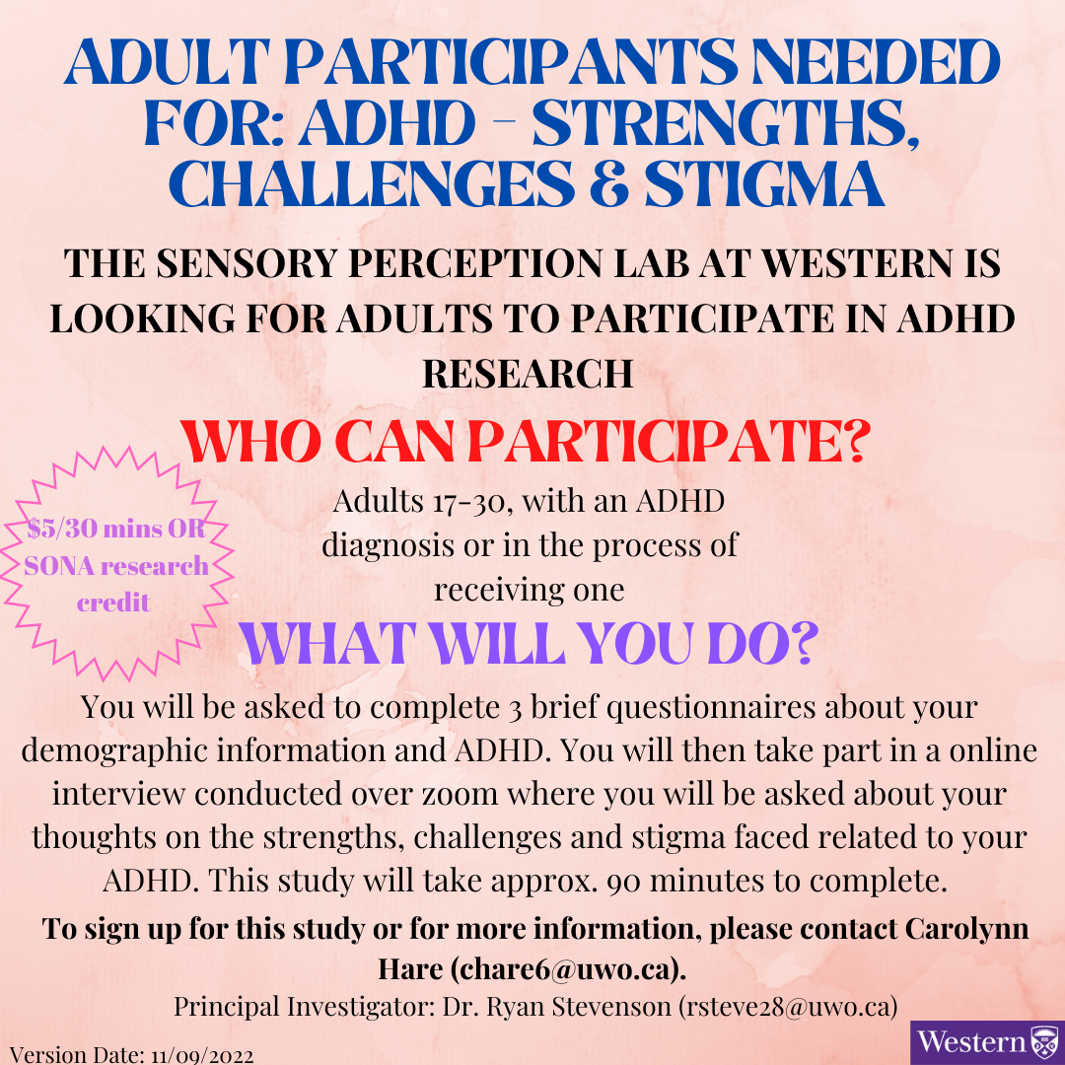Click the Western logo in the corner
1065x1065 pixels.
pos(987,1042)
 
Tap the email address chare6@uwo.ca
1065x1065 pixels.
pos(566,968)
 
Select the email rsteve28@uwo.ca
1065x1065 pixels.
pos(788,1007)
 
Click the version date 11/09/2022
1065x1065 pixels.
pos(202,1056)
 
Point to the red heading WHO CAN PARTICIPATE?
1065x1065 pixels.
pos(525,442)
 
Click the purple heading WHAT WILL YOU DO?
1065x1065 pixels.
pos(530,644)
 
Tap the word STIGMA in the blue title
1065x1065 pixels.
pos(765,183)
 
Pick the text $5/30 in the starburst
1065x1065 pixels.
pos(59,529)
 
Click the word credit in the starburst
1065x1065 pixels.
pos(113,603)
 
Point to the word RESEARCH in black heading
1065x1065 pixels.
pos(528,374)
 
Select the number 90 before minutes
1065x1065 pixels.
pos(623,882)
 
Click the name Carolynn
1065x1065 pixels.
pos(966,929)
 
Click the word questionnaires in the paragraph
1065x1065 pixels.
pos(711,708)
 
